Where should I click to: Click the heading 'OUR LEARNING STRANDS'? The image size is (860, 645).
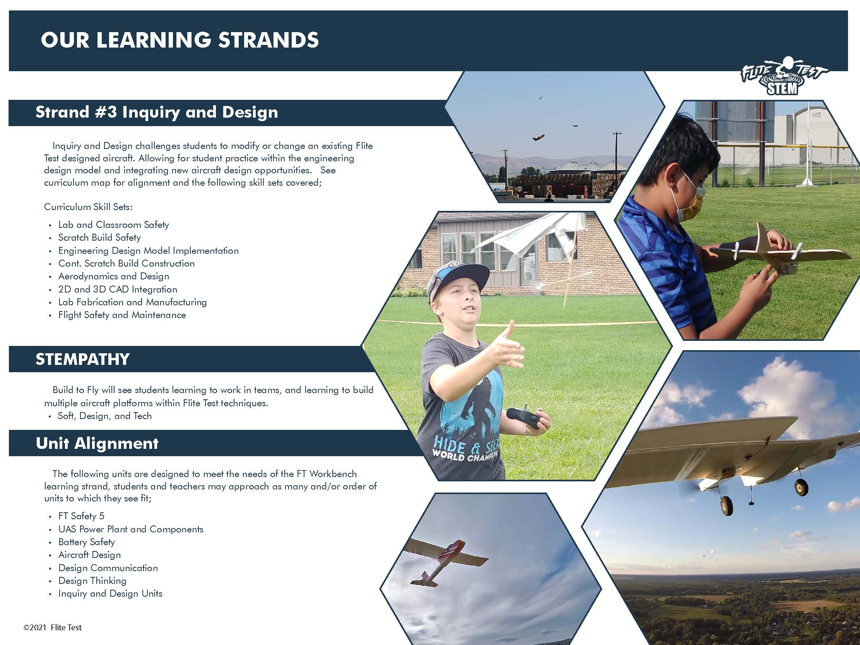point(180,40)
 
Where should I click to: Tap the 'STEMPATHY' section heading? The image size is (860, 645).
point(82,359)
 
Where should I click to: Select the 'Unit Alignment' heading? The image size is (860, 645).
point(97,443)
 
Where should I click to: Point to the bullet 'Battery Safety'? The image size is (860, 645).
point(86,542)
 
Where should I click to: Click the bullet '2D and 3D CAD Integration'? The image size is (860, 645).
point(118,289)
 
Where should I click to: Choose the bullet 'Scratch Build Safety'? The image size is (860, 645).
point(99,238)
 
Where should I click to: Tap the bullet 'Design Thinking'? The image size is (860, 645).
point(92,581)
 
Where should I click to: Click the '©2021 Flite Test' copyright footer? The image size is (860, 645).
point(53,628)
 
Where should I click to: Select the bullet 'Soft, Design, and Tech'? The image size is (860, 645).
point(104,416)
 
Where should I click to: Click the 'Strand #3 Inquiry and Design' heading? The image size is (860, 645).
point(157,112)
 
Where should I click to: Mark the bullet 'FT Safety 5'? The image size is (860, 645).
point(81,516)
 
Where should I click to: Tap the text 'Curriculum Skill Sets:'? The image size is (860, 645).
point(88,207)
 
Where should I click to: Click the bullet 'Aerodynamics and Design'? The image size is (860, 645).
point(113,276)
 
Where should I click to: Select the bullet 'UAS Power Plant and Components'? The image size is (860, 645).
point(131,529)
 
